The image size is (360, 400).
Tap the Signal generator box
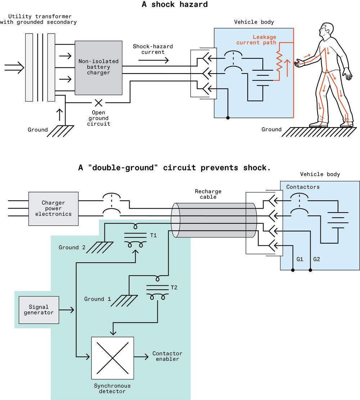pyautogui.click(x=39, y=310)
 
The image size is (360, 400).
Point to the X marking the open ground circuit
pyautogui.click(x=98, y=103)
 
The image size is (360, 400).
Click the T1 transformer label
pyautogui.click(x=153, y=235)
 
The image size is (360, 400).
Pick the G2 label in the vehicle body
pyautogui.click(x=317, y=259)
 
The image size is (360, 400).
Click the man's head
pyautogui.click(x=327, y=32)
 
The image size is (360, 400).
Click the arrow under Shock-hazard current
pyautogui.click(x=153, y=60)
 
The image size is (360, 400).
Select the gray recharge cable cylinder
pyautogui.click(x=215, y=220)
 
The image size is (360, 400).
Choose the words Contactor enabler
pyautogui.click(x=167, y=356)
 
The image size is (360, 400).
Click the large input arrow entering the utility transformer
pyautogui.click(x=14, y=67)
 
